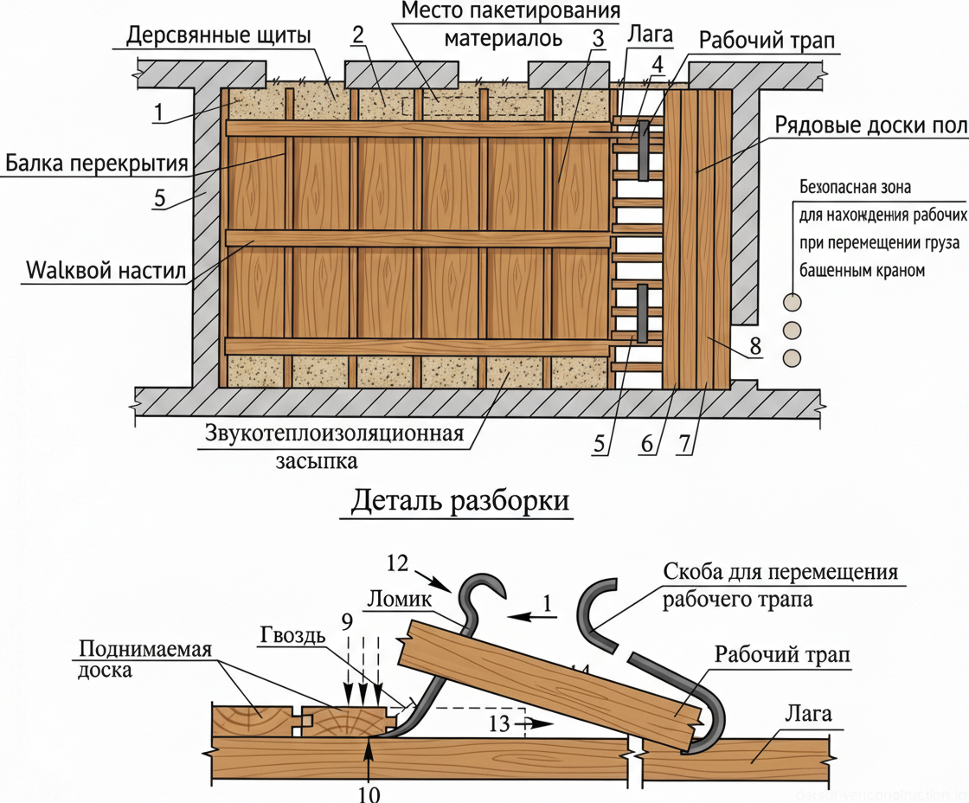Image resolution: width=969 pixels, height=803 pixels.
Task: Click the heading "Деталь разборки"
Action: (459, 502)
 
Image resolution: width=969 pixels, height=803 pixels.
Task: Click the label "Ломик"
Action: (395, 597)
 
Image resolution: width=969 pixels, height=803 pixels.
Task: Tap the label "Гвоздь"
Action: (292, 636)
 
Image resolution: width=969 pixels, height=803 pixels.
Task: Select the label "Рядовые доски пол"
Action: (870, 127)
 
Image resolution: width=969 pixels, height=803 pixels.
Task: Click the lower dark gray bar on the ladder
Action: (644, 312)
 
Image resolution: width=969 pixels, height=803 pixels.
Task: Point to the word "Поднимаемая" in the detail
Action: (145, 650)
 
